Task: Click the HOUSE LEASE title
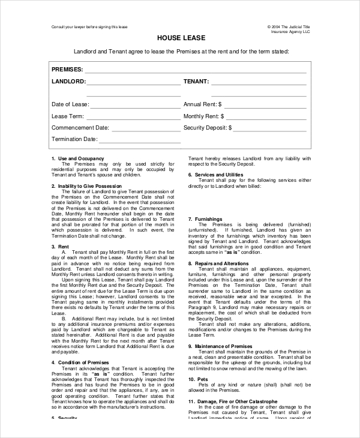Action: click(179, 38)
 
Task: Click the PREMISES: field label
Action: click(67, 70)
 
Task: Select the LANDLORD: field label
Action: click(68, 81)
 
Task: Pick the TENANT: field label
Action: click(196, 81)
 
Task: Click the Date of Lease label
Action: click(70, 104)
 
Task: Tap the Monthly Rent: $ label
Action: click(203, 116)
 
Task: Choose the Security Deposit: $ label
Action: click(207, 127)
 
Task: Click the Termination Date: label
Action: click(74, 139)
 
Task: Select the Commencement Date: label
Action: click(80, 127)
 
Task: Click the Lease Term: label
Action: click(68, 116)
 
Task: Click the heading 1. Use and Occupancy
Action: click(77, 158)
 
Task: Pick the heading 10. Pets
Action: click(199, 379)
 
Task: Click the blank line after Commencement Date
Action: click(146, 128)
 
